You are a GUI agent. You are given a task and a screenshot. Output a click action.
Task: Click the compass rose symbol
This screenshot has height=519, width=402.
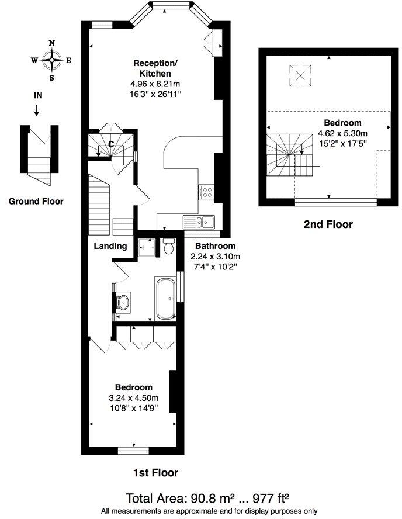[x=52, y=60]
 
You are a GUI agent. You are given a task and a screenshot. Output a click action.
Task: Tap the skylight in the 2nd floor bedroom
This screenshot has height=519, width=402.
[x=300, y=76]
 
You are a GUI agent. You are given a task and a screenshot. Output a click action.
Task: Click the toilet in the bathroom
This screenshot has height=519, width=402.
[x=169, y=246]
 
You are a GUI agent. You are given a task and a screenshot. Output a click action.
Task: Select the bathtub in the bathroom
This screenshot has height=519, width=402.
[x=165, y=299]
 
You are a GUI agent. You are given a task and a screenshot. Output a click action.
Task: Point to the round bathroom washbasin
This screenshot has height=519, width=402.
[x=123, y=301]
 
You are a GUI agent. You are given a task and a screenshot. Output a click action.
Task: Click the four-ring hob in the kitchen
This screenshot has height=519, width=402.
[x=207, y=192]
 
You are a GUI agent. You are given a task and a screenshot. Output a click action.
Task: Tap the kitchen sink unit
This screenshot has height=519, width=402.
[x=199, y=222]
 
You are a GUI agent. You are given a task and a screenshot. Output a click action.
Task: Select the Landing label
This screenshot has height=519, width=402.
[x=110, y=246]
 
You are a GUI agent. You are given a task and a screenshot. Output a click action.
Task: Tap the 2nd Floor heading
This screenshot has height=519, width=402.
[x=328, y=224]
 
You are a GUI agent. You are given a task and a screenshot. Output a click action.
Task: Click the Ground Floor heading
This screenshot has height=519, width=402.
[x=36, y=201]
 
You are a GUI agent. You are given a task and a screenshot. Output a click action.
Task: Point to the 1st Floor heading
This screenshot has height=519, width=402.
[x=155, y=473]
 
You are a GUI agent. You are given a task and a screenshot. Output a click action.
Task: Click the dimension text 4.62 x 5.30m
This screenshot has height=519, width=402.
[x=343, y=134]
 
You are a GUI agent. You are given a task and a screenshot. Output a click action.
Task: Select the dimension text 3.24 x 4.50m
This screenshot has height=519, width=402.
[x=134, y=398]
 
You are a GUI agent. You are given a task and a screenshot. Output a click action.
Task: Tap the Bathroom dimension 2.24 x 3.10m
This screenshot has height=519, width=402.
[x=216, y=257]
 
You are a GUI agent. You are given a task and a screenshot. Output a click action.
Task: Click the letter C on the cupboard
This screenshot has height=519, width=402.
[x=112, y=144]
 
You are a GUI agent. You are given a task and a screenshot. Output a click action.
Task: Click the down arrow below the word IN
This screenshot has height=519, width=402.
[x=36, y=110]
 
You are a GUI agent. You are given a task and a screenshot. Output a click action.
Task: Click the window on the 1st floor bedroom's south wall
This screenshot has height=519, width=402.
[x=133, y=451]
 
